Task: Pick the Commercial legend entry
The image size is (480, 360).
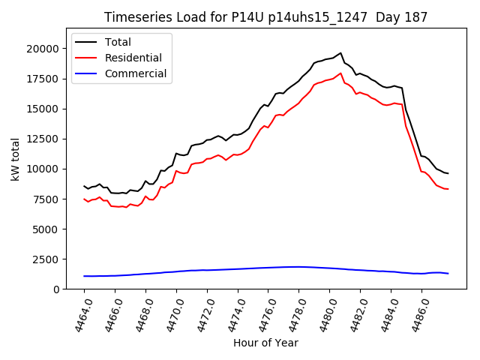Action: [x=136, y=73]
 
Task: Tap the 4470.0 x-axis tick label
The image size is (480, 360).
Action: [x=170, y=314]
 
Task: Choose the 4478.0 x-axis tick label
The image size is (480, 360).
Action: [x=293, y=314]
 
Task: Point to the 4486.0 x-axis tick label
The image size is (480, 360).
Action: [x=416, y=314]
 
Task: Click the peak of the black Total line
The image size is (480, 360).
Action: [x=340, y=53]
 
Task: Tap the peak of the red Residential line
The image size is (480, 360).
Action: [x=340, y=73]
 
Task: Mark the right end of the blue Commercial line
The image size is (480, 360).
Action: [x=448, y=273]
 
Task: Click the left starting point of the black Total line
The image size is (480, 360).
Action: [x=84, y=186]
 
